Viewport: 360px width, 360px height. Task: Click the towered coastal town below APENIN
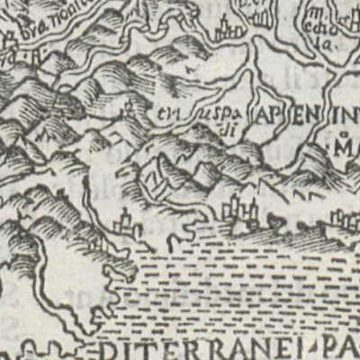(x=239, y=212)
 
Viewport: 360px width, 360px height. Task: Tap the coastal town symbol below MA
(x=342, y=218)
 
